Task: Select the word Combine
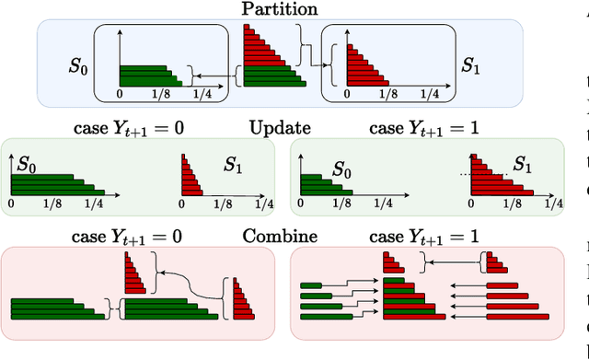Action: pos(280,237)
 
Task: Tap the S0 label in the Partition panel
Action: pos(78,66)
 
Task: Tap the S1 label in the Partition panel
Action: pos(472,66)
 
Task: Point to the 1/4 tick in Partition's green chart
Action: pos(205,94)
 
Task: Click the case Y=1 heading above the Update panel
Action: pos(423,128)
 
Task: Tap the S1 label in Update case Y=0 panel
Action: pos(234,166)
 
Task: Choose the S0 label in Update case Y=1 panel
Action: pos(341,171)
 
